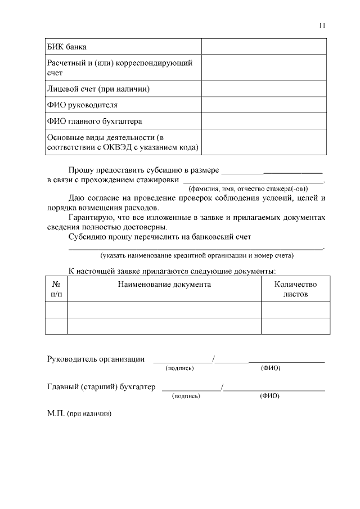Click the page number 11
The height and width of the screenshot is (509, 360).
pyautogui.click(x=322, y=25)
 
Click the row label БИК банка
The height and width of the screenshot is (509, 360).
pyautogui.click(x=66, y=46)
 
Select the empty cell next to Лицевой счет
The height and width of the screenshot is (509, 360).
pyautogui.click(x=265, y=89)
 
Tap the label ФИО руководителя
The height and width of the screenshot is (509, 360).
pyautogui.click(x=82, y=105)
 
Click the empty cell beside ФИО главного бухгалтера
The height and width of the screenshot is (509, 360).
pyautogui.click(x=265, y=120)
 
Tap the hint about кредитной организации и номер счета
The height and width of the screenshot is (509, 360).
pyautogui.click(x=197, y=255)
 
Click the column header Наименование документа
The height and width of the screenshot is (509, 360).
pyautogui.click(x=164, y=284)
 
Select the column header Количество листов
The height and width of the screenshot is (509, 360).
pyautogui.click(x=295, y=289)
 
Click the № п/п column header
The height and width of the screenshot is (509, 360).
pyautogui.click(x=56, y=289)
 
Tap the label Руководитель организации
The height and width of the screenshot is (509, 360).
pyautogui.click(x=96, y=359)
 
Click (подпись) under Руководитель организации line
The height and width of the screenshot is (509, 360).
pyautogui.click(x=179, y=368)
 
